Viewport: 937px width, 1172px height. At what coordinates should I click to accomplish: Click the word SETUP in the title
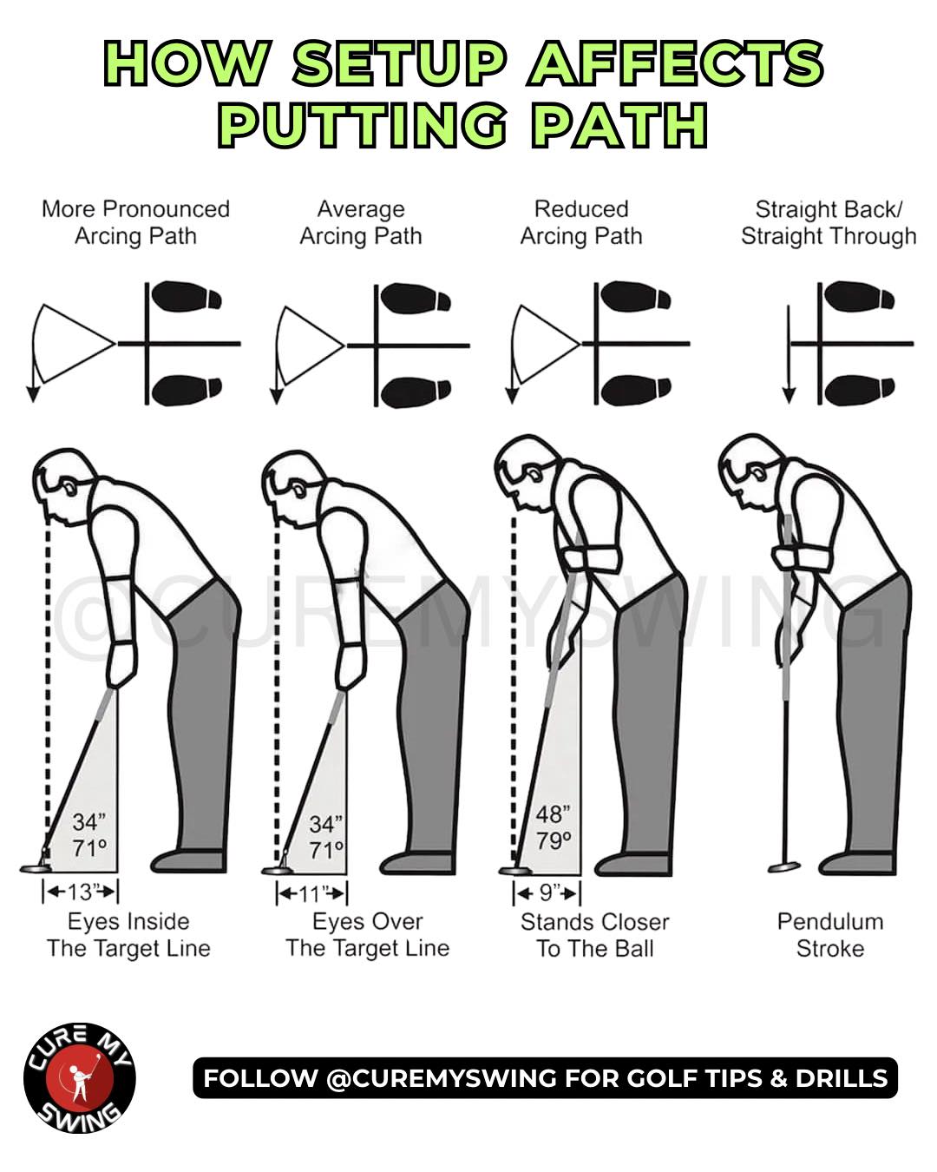point(400,63)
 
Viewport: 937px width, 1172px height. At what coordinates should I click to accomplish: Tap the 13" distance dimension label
point(81,892)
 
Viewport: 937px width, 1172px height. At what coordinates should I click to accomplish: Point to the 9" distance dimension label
point(547,892)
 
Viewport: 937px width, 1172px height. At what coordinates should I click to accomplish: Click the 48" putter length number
point(553,814)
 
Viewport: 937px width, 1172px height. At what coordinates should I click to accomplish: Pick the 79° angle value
point(554,840)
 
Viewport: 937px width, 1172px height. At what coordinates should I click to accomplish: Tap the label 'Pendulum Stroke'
point(830,935)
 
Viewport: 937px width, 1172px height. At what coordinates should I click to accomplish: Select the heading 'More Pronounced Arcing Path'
point(135,222)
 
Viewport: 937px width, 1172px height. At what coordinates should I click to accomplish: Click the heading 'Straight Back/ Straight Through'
point(829,222)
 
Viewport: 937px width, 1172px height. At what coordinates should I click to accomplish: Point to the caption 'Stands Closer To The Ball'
point(594,935)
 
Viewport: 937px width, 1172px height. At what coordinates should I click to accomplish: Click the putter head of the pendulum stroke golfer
point(784,867)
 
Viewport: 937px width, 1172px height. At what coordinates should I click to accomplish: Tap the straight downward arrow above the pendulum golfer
point(789,354)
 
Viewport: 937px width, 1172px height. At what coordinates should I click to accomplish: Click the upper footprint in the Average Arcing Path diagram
point(415,299)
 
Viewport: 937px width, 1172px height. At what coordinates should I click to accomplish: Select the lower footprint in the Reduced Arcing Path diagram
point(635,391)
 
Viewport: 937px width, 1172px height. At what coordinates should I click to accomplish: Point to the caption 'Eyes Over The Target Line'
point(368,935)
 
